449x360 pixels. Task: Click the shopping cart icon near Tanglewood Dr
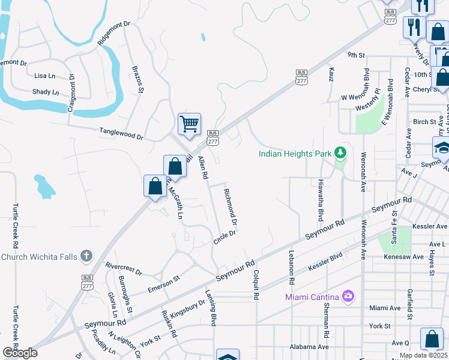tap(189, 124)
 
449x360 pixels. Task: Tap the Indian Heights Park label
tap(295, 154)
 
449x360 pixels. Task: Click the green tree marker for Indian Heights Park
tap(341, 153)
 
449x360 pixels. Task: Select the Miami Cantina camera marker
tap(348, 296)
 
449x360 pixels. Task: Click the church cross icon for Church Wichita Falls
tap(86, 256)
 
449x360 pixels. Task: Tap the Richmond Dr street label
tap(231, 207)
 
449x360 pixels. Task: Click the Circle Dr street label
tap(224, 238)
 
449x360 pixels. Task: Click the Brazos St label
tap(137, 80)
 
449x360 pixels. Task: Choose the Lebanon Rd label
tap(292, 267)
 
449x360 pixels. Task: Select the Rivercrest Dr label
tap(123, 268)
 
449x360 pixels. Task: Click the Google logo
tap(20, 352)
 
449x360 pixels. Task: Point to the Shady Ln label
tap(46, 92)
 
